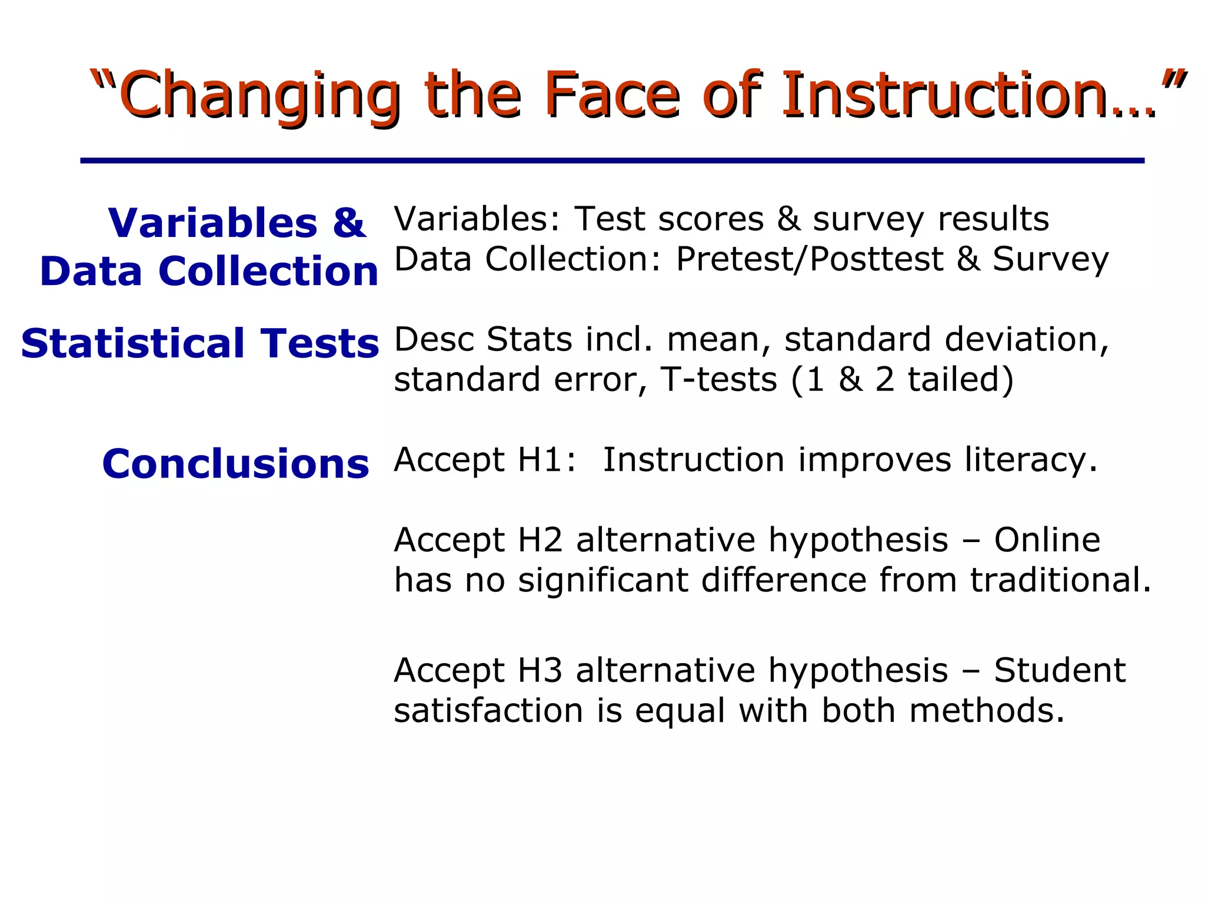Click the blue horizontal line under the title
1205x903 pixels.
coord(612,160)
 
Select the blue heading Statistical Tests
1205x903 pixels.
coord(200,343)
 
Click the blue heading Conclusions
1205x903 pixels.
coord(235,464)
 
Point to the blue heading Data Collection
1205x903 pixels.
coord(209,272)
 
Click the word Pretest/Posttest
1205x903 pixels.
coord(810,259)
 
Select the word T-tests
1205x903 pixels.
coord(719,379)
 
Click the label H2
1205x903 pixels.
coord(540,540)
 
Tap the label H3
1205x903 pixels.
coord(540,670)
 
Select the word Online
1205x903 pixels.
coord(1047,540)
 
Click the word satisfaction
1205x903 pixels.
coord(488,710)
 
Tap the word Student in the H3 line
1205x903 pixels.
coord(1060,670)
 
